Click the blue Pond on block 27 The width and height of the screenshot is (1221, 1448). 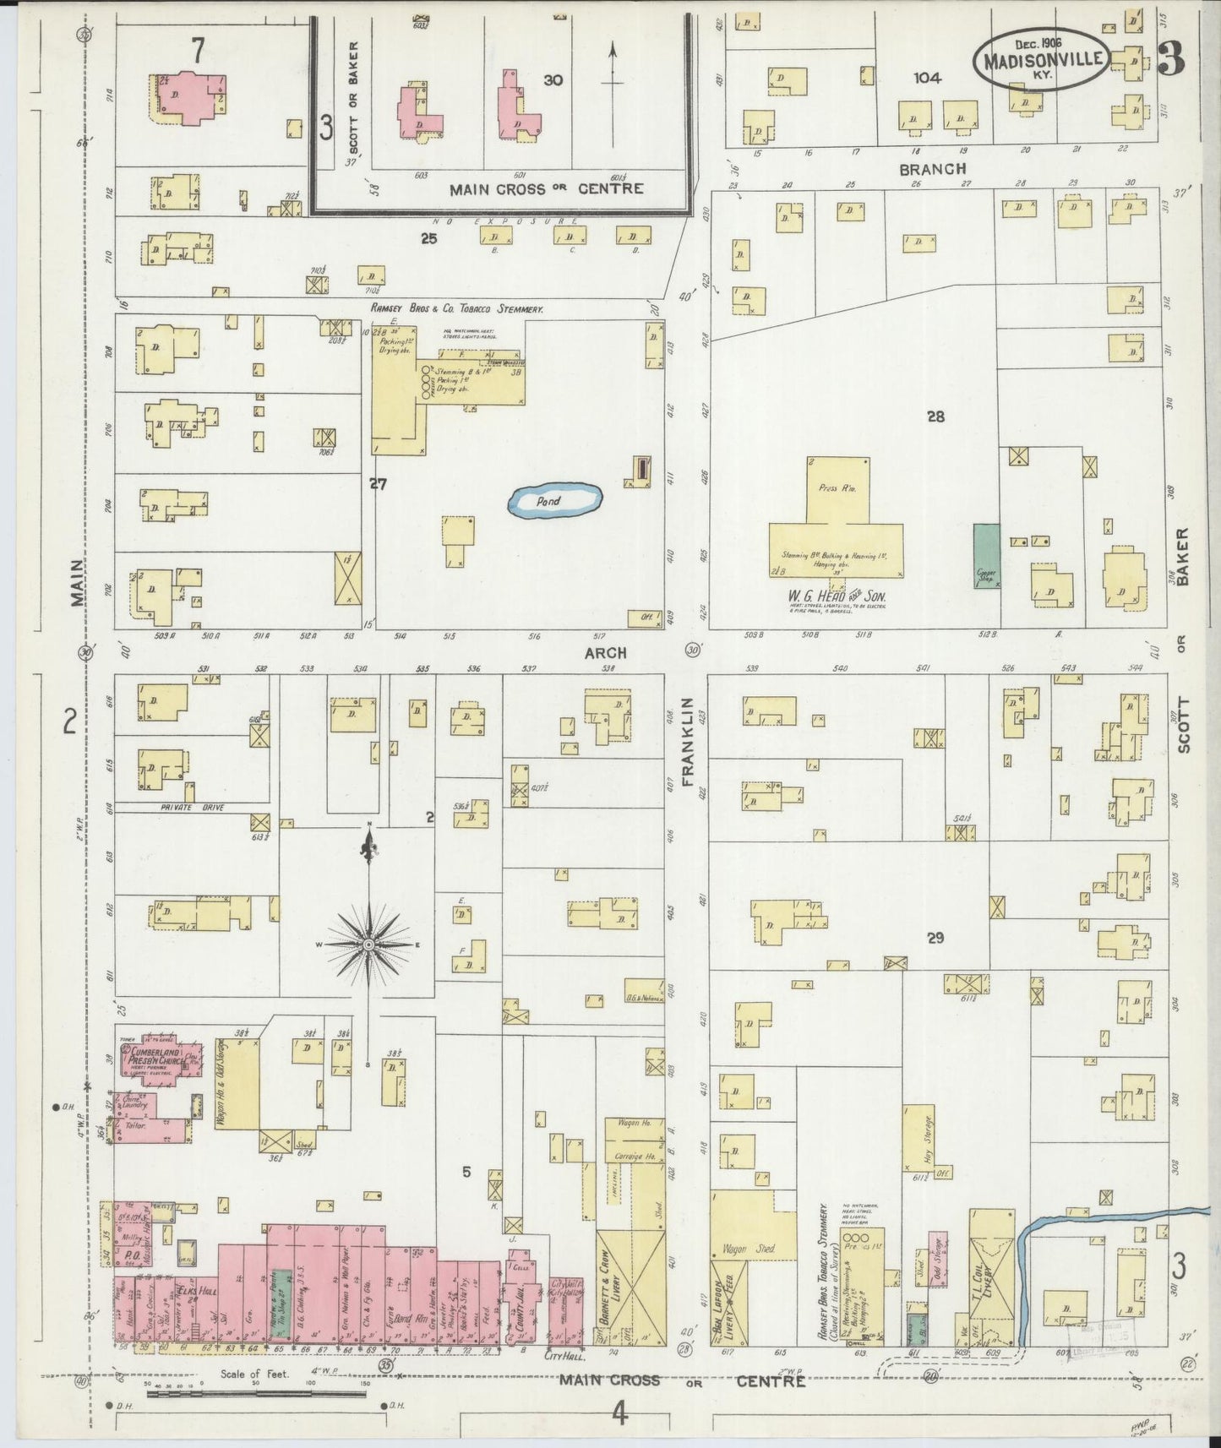(554, 501)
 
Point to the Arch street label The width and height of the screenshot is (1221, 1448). (606, 653)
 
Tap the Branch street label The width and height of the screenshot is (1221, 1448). (932, 168)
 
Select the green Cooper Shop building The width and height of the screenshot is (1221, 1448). (985, 556)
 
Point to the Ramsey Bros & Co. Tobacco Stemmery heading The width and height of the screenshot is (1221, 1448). (456, 310)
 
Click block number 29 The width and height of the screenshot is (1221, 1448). (935, 938)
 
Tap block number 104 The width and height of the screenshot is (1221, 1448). (927, 78)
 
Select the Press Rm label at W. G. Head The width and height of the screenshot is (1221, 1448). (837, 489)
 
